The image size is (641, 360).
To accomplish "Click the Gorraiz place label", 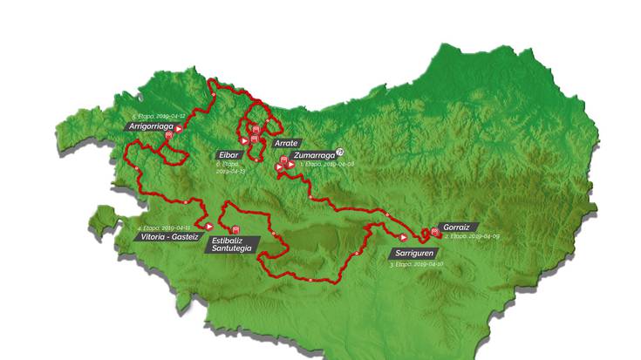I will (459, 226).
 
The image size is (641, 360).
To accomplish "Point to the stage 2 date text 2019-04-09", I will (469, 236).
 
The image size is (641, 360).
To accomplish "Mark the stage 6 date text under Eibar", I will (231, 166).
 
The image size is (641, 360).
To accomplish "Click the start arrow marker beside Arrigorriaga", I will (179, 128).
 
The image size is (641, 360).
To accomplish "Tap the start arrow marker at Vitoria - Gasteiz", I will (209, 227).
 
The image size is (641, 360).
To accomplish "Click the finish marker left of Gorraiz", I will (434, 231).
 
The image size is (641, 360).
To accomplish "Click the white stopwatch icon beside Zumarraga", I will (340, 151).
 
